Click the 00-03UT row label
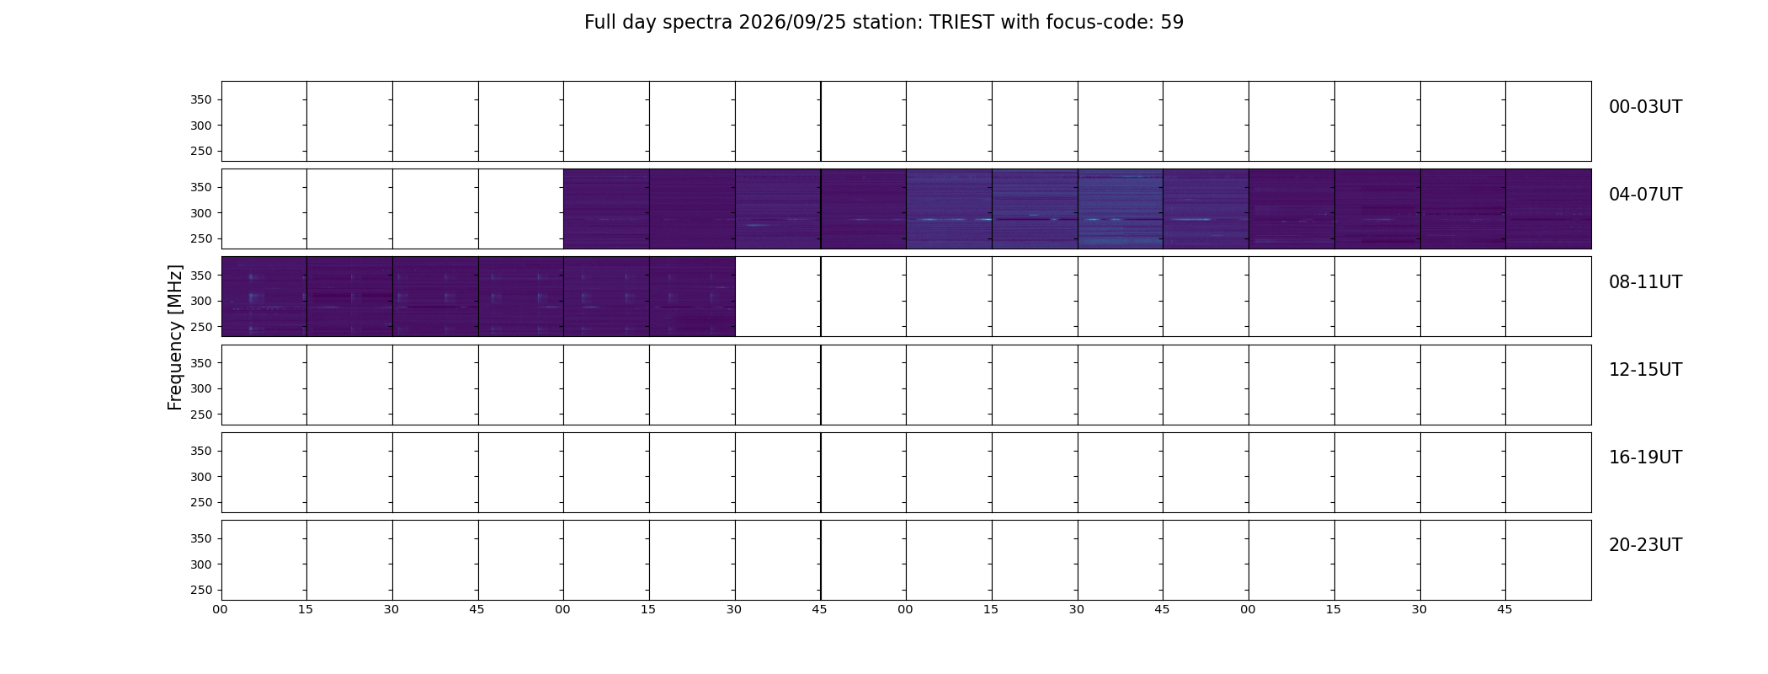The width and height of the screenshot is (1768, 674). [1645, 107]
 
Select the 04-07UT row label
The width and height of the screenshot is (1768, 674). [1645, 195]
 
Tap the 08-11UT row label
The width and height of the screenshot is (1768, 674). [1645, 282]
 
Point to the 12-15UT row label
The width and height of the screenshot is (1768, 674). [1645, 370]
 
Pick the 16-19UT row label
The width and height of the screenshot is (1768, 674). [1645, 457]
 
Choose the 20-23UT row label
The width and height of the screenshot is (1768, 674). [1645, 545]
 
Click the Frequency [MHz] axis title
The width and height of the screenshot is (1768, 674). [175, 337]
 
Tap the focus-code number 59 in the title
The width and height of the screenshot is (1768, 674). [1172, 23]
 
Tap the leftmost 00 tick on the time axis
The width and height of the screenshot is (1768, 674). [220, 609]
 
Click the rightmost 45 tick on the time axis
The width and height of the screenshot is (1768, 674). [1504, 609]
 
